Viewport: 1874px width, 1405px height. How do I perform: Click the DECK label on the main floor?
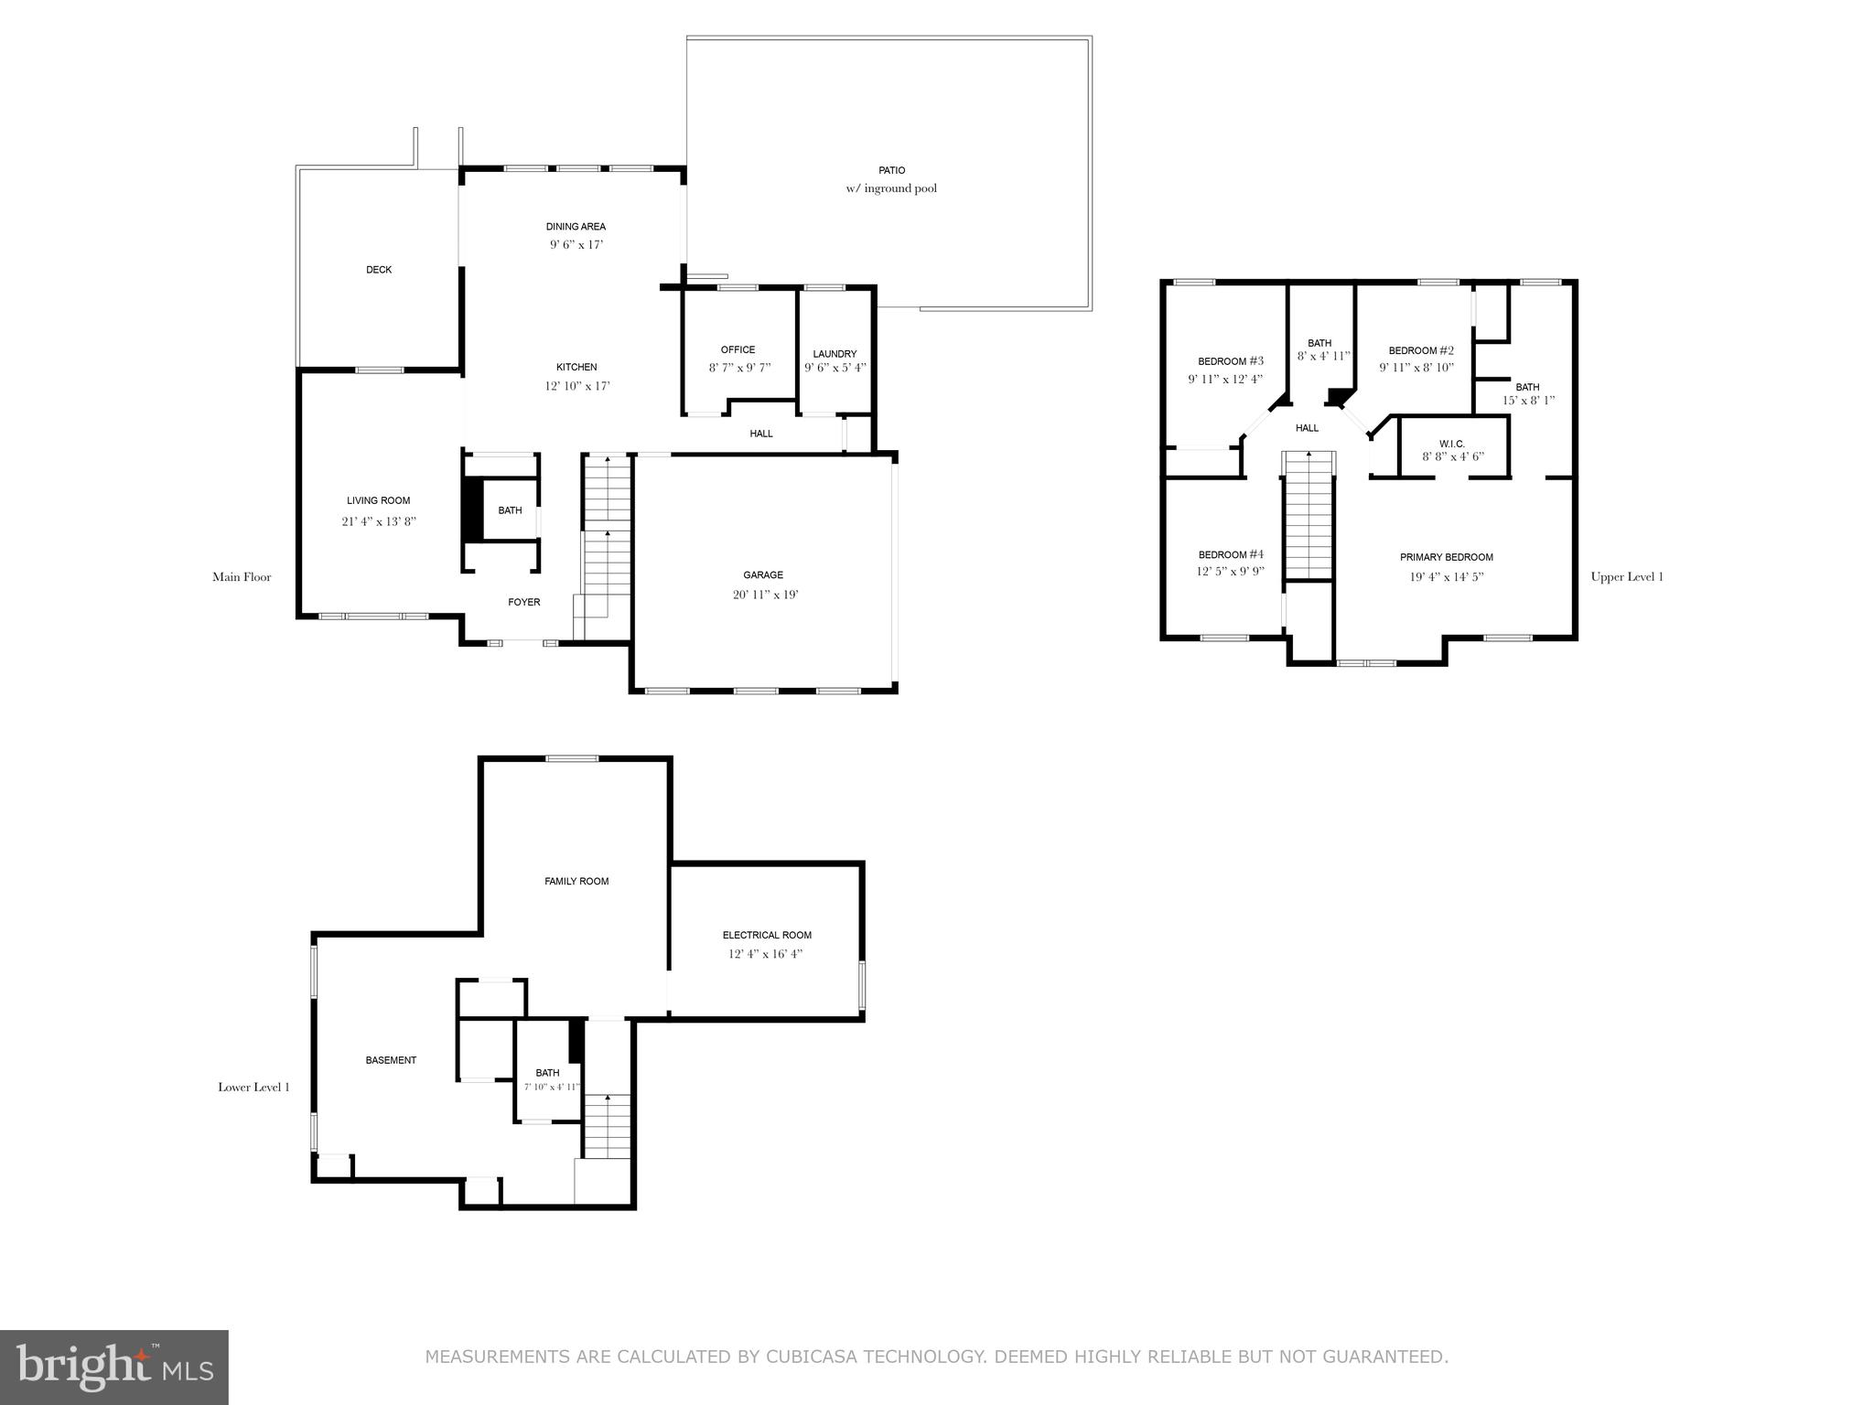tap(379, 270)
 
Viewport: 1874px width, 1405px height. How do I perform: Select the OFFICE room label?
tap(738, 349)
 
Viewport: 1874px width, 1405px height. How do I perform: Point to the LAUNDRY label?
tap(835, 354)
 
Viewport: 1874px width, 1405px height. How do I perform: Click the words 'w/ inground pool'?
tap(891, 189)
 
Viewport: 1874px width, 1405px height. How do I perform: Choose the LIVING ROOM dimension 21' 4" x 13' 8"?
tap(379, 521)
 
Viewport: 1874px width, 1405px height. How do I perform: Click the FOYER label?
tap(524, 602)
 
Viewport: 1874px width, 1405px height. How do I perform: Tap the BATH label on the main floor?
tap(510, 510)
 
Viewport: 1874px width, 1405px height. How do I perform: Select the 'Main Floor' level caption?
tap(242, 577)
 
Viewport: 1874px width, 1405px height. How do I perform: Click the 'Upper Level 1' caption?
tap(1627, 577)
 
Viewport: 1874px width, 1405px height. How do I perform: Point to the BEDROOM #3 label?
tap(1231, 361)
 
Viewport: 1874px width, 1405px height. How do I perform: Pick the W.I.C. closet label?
tap(1452, 444)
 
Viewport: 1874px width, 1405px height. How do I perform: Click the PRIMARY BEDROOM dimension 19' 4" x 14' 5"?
tap(1447, 577)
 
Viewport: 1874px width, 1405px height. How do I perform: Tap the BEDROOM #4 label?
tap(1231, 554)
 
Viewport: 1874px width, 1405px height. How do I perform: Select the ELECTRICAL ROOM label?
tap(767, 935)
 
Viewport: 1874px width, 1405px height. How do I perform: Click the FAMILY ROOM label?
tap(576, 882)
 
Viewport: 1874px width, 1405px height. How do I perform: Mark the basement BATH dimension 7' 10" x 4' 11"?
tap(552, 1088)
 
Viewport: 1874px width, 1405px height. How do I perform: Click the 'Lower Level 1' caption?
tap(253, 1088)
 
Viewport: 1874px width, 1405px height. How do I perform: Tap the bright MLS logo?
tap(114, 1367)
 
